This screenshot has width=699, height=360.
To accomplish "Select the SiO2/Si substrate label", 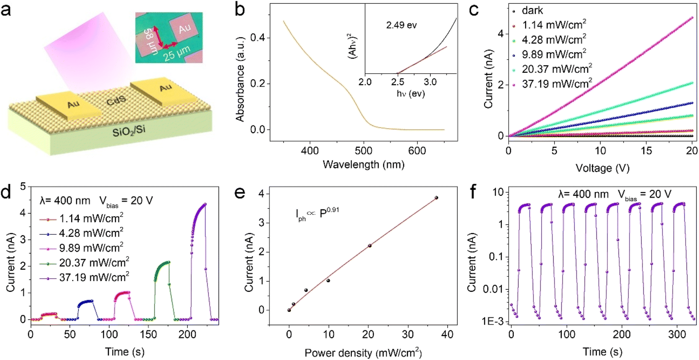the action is [x=129, y=131].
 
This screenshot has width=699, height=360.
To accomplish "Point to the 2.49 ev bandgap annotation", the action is [x=401, y=25].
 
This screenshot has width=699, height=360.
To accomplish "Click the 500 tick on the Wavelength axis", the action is [x=364, y=151].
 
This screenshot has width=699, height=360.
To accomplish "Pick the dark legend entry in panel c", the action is [x=533, y=10].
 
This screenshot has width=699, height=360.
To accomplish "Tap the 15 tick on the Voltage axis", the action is [x=646, y=151].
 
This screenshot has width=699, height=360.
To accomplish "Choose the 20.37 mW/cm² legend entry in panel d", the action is [x=84, y=262].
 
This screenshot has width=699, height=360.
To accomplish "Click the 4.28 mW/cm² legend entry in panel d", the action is [x=82, y=233].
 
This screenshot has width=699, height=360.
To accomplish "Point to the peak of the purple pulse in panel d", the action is [x=205, y=204].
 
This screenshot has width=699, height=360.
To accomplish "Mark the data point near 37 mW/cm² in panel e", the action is [x=436, y=197].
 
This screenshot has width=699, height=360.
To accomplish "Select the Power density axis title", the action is [x=363, y=352].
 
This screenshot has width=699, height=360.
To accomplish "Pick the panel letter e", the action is [x=239, y=192].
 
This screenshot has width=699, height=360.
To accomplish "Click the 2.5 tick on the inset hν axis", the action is [x=397, y=82].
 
